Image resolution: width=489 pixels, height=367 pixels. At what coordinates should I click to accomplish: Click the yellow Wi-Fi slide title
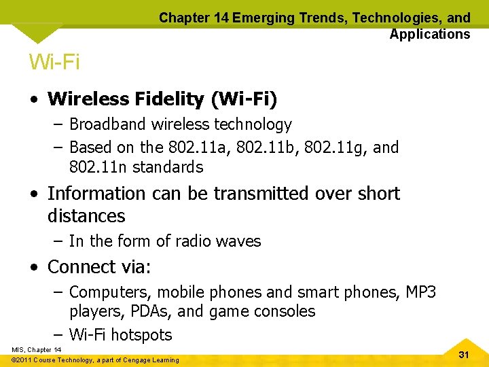54,63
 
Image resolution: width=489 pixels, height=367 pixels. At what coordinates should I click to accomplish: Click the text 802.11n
98,167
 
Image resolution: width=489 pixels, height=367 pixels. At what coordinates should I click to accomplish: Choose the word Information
96,194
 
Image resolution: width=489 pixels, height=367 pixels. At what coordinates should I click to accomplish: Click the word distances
86,217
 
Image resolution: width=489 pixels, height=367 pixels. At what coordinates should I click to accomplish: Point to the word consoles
290,311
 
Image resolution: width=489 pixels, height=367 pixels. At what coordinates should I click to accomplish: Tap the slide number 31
465,355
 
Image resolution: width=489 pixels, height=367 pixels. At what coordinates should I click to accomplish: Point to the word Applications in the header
430,34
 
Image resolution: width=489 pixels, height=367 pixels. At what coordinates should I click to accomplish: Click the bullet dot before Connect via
34,267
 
